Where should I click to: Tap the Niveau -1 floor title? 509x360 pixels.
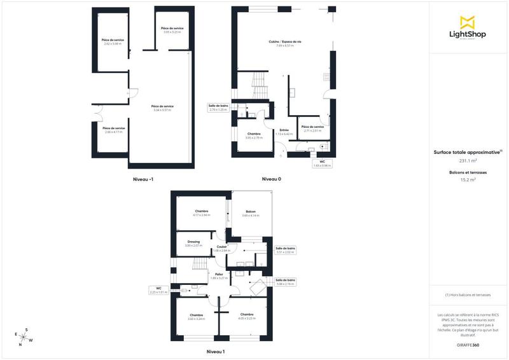(x=142, y=179)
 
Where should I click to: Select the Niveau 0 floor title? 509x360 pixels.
(x=272, y=179)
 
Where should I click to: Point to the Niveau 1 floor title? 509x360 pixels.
(x=216, y=351)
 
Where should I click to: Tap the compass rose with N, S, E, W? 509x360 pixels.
(x=23, y=335)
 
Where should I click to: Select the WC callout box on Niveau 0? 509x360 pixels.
(x=323, y=163)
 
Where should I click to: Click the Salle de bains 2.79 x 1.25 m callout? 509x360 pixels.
(x=218, y=107)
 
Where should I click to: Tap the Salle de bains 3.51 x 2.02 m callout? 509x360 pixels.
(x=286, y=250)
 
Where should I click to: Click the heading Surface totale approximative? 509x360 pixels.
(x=468, y=153)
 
